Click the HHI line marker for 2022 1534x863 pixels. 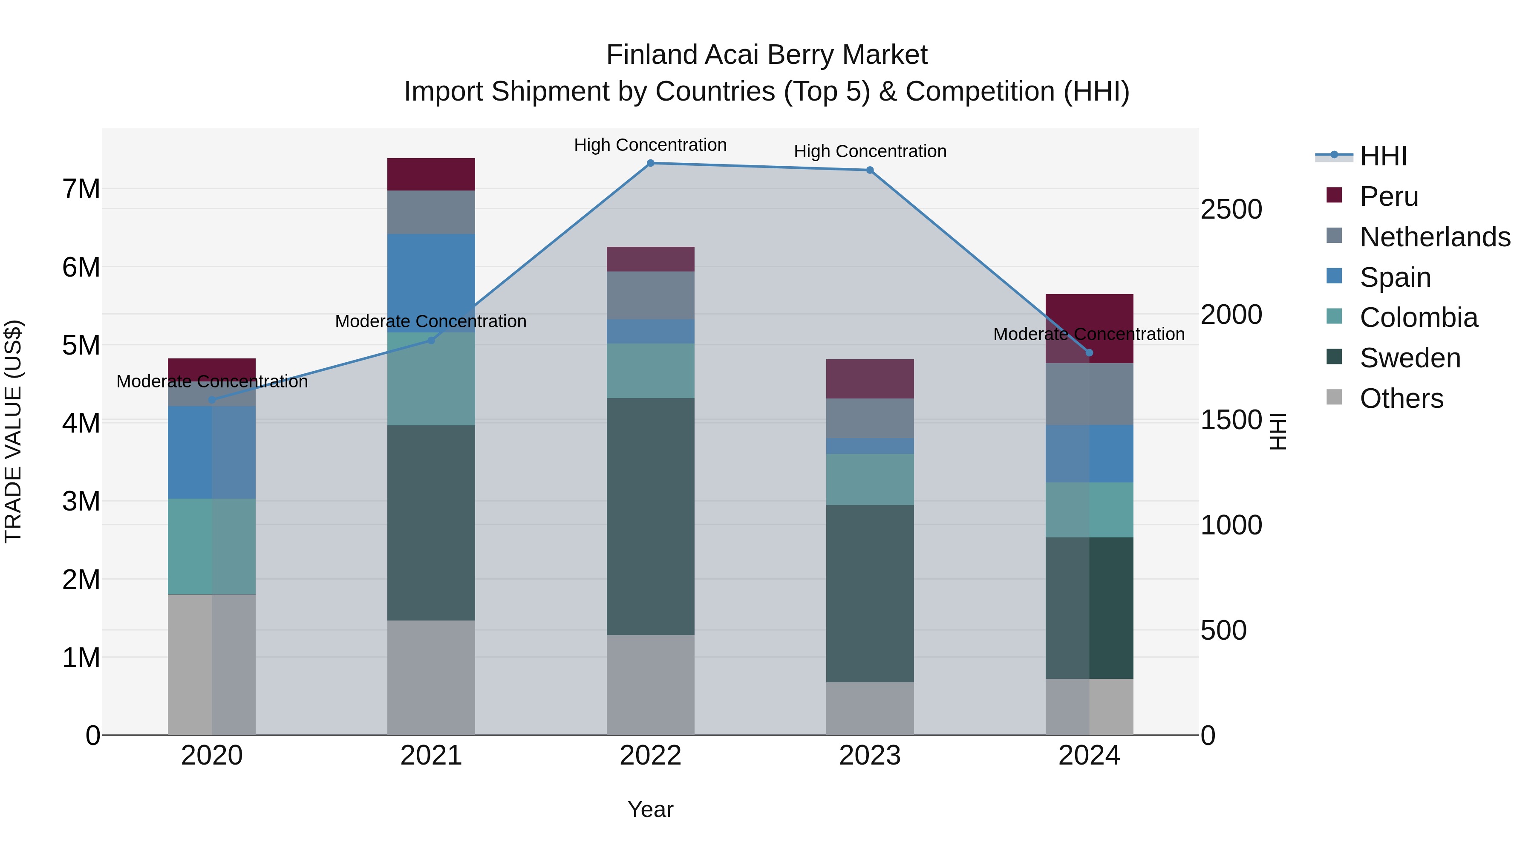[x=650, y=163]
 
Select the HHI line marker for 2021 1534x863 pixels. [x=431, y=341]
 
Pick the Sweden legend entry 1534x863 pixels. [x=1410, y=358]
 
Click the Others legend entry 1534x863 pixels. [x=1401, y=398]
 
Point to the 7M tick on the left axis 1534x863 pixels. [x=81, y=189]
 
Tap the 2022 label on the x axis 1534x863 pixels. [x=650, y=756]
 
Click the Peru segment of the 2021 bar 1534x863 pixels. [x=431, y=174]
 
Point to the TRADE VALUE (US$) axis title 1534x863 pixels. [x=13, y=431]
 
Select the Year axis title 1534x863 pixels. [x=650, y=809]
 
